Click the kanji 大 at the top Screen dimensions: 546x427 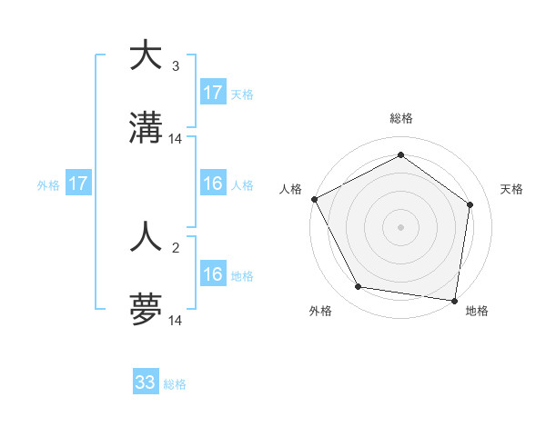pos(146,56)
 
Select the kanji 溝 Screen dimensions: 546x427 pos(146,131)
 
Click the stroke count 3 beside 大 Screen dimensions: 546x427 pos(176,66)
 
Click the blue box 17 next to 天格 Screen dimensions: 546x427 pos(213,93)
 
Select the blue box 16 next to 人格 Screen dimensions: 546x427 pos(213,184)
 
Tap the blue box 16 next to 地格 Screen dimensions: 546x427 pos(213,274)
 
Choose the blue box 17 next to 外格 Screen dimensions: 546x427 pos(78,184)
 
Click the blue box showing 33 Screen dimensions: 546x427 pos(146,382)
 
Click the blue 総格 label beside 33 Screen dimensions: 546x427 pos(176,384)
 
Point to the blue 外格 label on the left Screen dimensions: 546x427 pos(48,185)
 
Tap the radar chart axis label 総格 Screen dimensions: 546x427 pos(401,118)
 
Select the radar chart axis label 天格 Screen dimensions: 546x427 pos(512,189)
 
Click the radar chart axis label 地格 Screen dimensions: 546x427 pos(477,311)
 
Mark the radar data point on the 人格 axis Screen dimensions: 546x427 pos(314,199)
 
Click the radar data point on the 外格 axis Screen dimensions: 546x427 pos(359,287)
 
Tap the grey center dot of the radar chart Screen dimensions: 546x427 pos(401,226)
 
